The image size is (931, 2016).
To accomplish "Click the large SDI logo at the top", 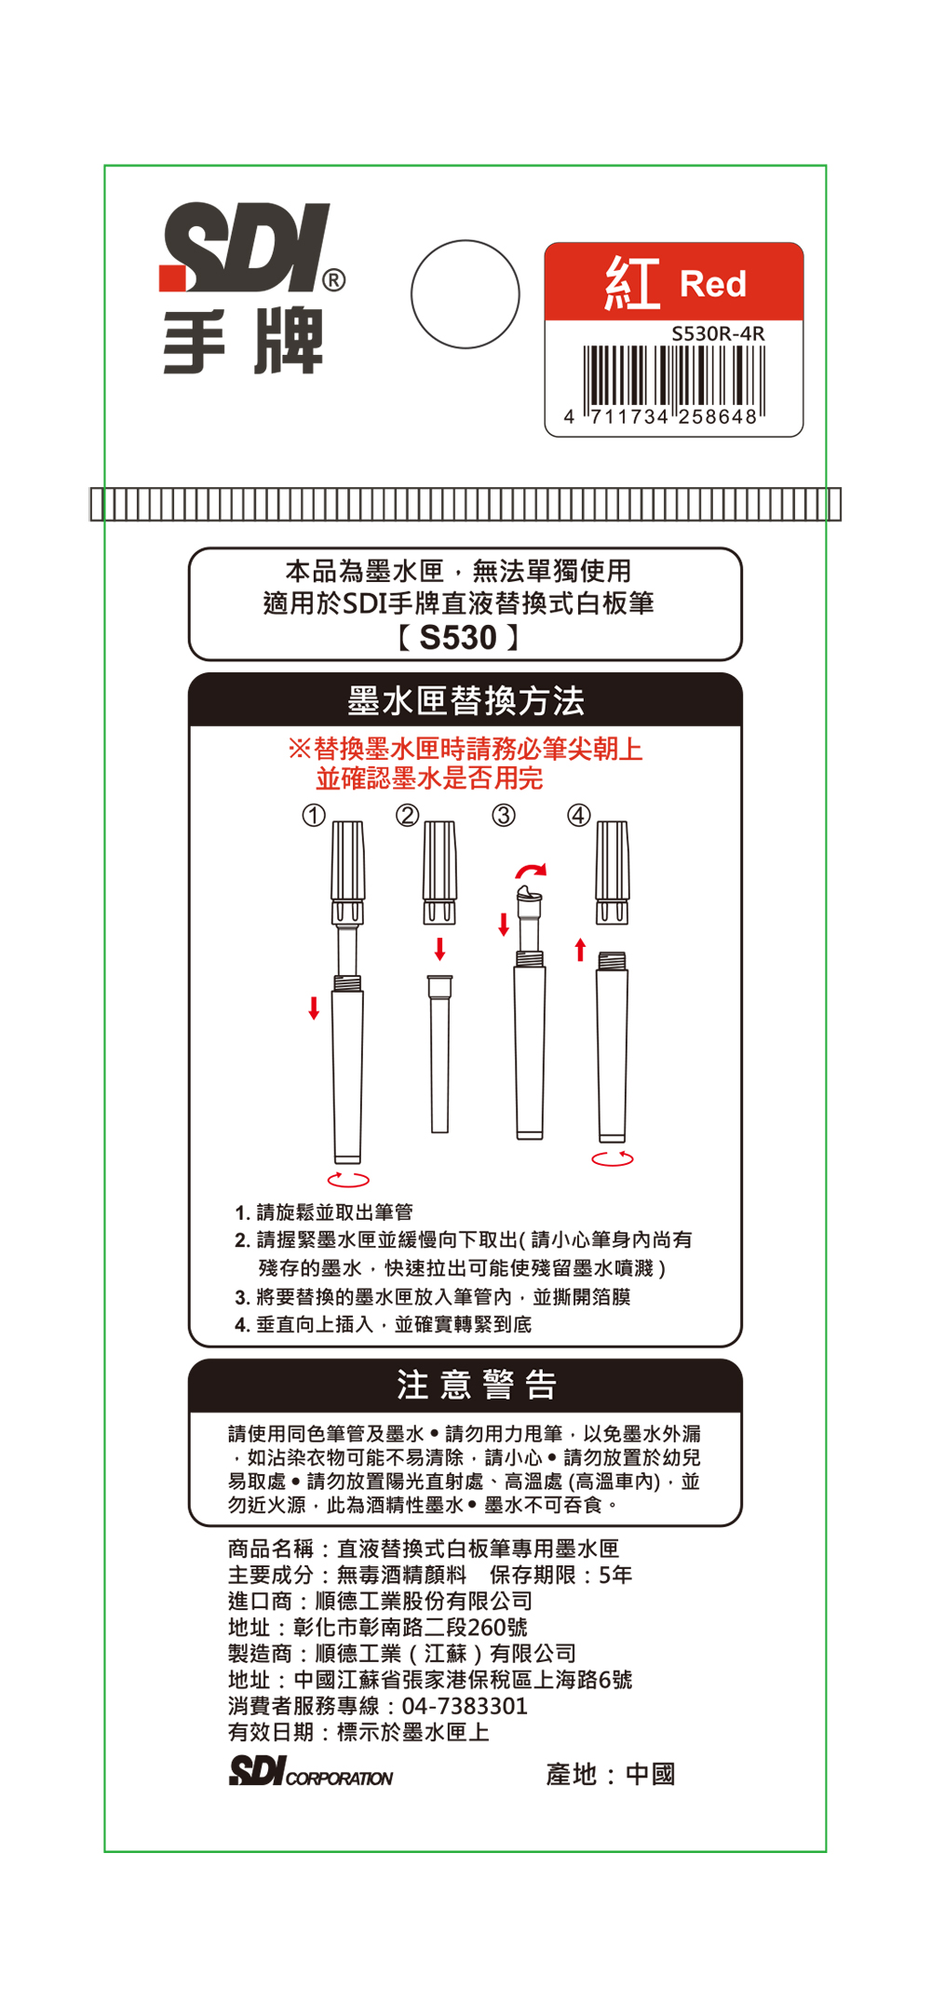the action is [245, 247].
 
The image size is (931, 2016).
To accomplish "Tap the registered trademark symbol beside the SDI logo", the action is [333, 280].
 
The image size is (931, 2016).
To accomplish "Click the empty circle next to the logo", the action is [465, 294].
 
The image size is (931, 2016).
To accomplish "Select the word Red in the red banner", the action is [713, 283].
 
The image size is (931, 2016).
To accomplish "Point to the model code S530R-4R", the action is [718, 333].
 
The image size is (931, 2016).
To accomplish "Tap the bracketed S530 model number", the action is [458, 638].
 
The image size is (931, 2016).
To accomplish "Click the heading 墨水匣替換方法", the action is [465, 700].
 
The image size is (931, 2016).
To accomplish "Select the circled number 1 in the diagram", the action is [314, 816].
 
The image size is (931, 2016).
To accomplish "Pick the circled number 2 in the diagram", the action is [407, 816].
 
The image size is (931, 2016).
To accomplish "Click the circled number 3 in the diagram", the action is [503, 816].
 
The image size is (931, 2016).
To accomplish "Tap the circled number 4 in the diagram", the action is [578, 816].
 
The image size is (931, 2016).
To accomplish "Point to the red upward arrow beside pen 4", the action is [580, 950].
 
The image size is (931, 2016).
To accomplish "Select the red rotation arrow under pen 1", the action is [348, 1179].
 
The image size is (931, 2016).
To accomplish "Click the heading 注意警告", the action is [476, 1385].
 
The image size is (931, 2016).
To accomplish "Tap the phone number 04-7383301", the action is [465, 1706].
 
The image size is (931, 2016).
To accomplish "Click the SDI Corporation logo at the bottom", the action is [311, 1771].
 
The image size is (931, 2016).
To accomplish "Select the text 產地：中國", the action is [611, 1774].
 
